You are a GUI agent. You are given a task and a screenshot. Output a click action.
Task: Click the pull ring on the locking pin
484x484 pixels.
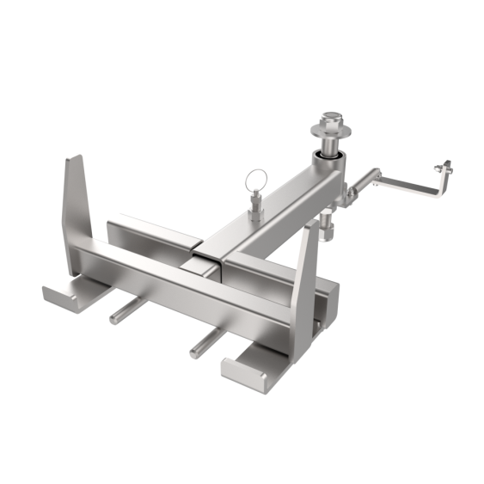coord(253,181)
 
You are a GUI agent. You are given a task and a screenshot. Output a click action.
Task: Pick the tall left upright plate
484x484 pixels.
coord(77,202)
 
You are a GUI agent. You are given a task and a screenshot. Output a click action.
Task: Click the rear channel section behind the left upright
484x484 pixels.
coord(146,233)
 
